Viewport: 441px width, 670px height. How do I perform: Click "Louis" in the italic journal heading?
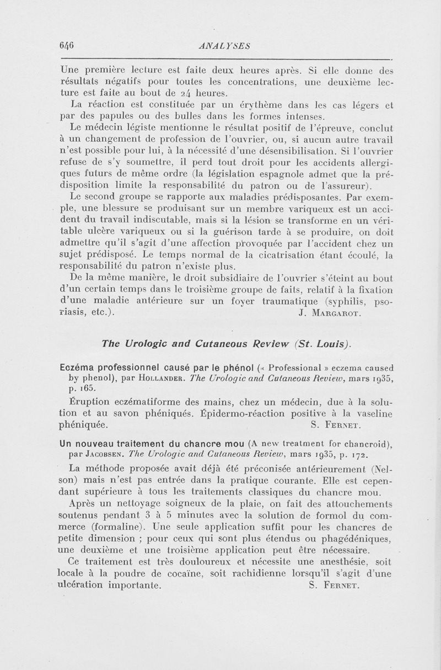click(329, 344)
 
